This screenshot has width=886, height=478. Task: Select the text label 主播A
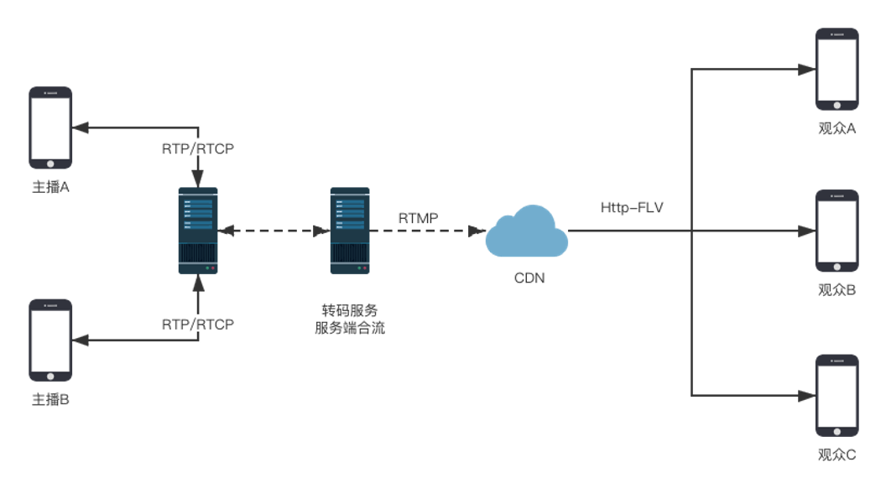click(x=50, y=187)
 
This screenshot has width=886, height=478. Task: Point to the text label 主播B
click(x=50, y=400)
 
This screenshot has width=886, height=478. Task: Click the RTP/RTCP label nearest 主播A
click(x=198, y=148)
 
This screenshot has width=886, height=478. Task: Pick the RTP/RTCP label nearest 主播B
click(x=198, y=324)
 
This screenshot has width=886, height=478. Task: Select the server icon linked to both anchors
click(x=198, y=231)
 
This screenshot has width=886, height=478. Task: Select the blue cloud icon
click(x=527, y=234)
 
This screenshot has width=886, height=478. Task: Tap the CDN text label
click(x=529, y=277)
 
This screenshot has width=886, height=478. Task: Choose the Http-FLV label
click(x=632, y=207)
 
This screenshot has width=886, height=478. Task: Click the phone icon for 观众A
click(x=836, y=70)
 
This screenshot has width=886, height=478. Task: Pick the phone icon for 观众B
click(x=836, y=231)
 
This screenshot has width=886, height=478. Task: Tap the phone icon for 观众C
click(x=836, y=396)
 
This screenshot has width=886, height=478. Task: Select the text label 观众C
click(x=836, y=455)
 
